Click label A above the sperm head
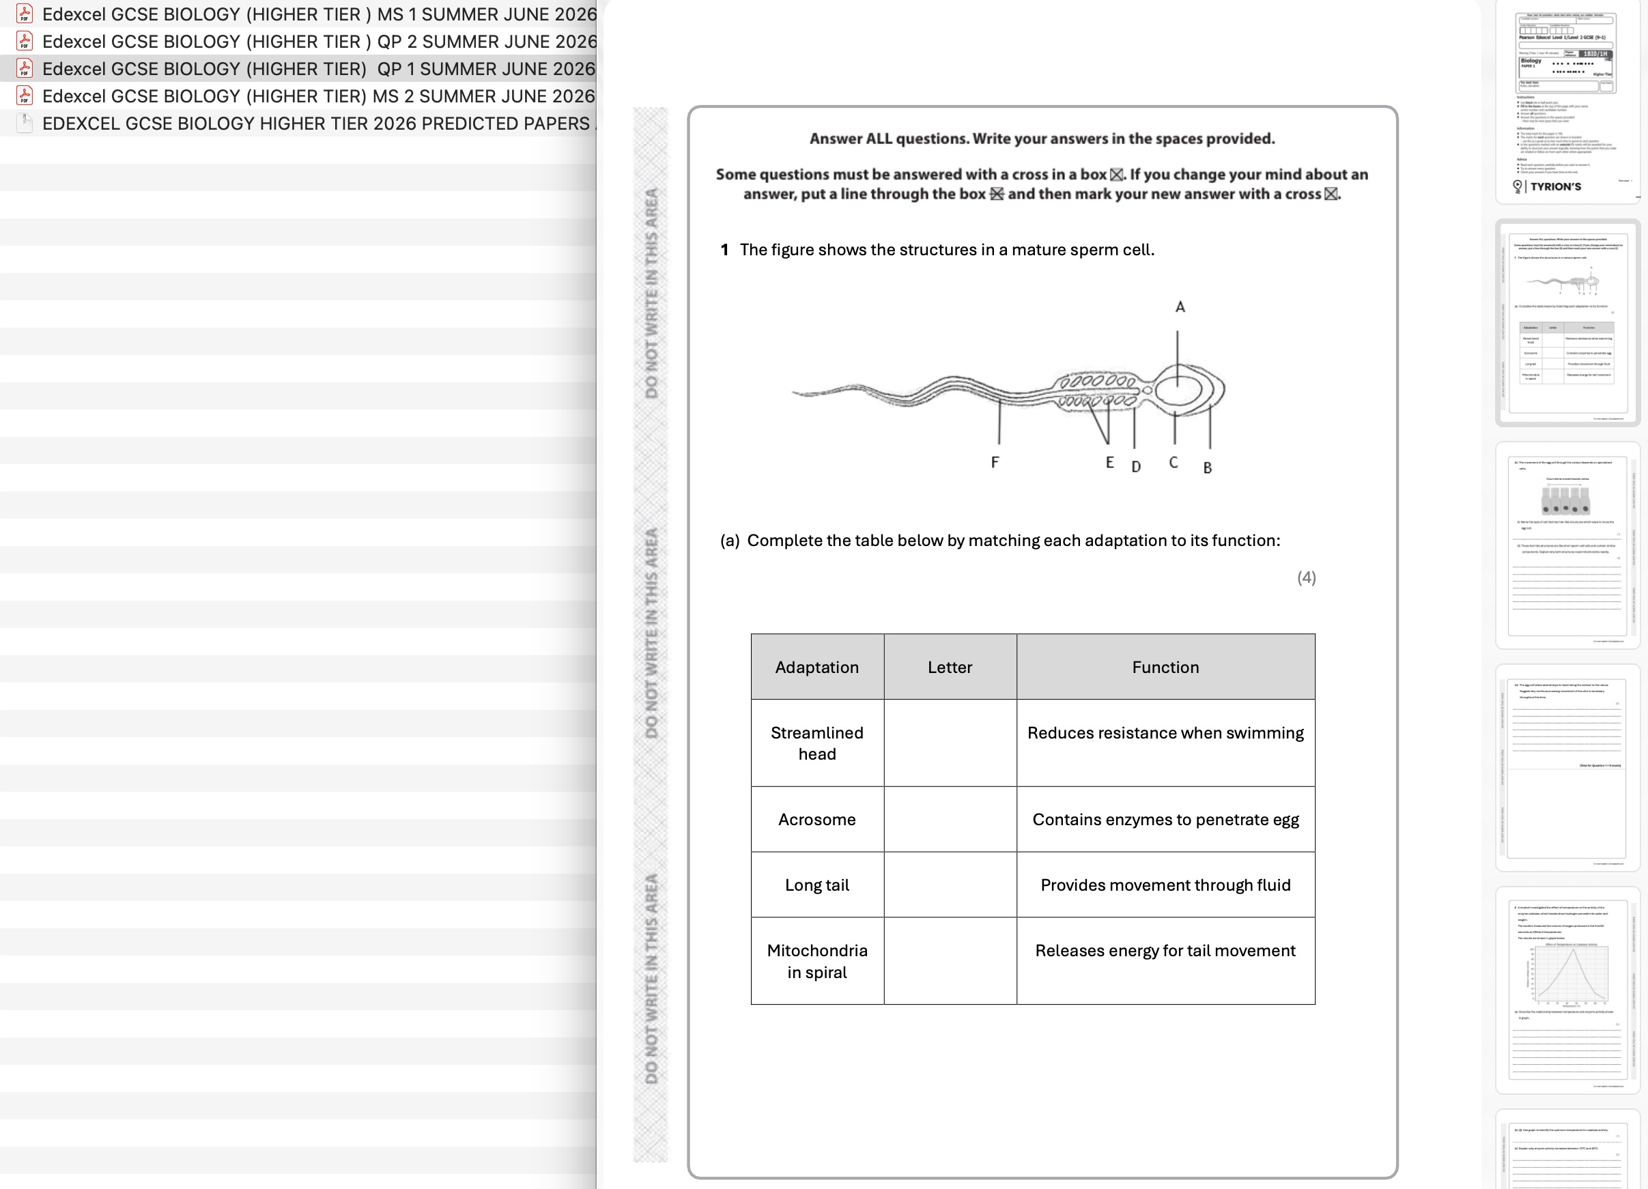1180,307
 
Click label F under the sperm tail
995,462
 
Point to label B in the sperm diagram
1207,468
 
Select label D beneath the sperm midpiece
1136,467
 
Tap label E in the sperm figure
1109,463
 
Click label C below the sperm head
1173,463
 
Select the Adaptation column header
816,667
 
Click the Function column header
1165,667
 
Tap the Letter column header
949,667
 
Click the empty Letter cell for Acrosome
949,819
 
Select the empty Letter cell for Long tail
949,885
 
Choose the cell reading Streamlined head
816,743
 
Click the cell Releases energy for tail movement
1165,951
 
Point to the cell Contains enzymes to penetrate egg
1165,819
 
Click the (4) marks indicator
1306,577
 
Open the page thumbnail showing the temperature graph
1567,988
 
